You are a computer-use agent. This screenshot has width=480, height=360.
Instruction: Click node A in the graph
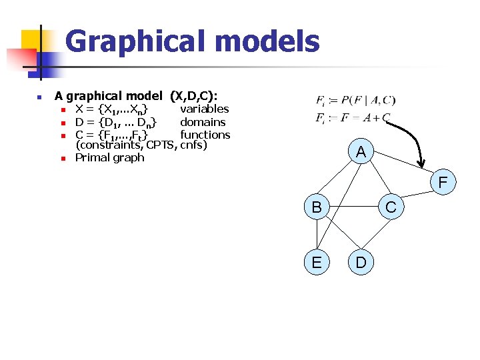click(x=361, y=152)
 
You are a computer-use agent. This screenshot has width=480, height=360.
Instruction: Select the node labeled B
click(x=317, y=207)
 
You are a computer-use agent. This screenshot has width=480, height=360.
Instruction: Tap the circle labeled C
click(x=391, y=207)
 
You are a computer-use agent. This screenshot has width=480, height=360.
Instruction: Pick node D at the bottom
click(x=361, y=262)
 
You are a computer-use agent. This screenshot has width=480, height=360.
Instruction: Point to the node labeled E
click(x=317, y=262)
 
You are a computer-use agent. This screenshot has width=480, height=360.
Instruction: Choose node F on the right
click(x=443, y=181)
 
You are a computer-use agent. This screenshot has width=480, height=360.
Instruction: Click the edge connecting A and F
click(x=401, y=166)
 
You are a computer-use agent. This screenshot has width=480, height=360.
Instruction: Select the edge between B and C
click(x=353, y=207)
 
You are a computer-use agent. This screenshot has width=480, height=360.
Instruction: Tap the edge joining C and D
click(x=376, y=234)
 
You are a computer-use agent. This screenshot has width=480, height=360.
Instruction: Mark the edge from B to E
click(x=317, y=235)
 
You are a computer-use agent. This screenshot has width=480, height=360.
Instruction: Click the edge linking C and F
click(x=417, y=194)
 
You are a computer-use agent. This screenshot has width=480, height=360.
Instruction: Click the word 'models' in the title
click(x=267, y=41)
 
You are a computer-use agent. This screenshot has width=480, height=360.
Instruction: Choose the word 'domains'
click(x=203, y=122)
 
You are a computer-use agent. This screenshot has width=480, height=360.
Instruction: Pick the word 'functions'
click(x=205, y=135)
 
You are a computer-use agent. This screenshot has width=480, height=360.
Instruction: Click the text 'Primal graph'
click(x=109, y=158)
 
